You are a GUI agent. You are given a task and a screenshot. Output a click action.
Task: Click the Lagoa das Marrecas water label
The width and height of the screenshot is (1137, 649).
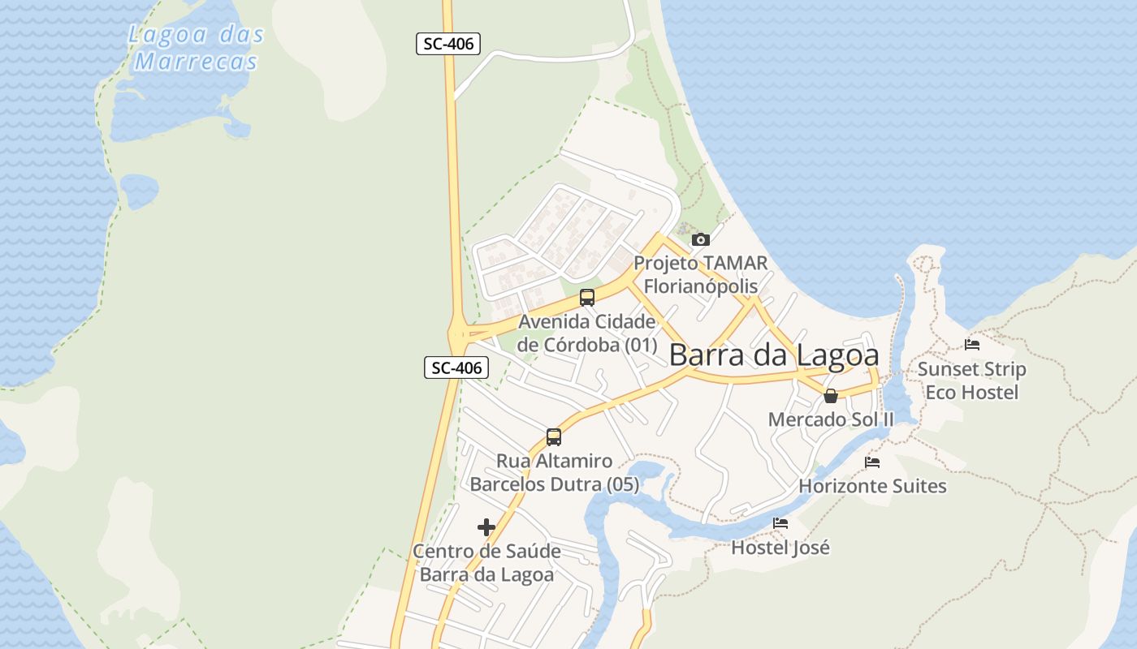click(x=197, y=47)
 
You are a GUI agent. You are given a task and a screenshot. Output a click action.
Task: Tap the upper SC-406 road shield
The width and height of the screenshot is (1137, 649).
click(x=448, y=44)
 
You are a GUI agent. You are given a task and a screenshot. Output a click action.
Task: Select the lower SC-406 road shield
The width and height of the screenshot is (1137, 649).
click(x=456, y=367)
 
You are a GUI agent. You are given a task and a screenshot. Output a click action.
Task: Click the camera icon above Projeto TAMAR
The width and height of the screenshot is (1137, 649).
click(x=700, y=239)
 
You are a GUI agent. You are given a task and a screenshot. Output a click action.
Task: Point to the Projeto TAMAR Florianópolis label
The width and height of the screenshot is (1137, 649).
click(x=700, y=274)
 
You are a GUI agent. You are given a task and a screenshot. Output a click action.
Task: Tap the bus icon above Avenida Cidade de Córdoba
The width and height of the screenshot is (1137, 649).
click(x=587, y=297)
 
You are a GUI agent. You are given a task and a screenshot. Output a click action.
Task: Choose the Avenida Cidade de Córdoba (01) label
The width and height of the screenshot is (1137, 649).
click(x=587, y=333)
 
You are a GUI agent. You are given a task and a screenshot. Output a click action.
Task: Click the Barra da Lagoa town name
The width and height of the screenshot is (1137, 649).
click(x=774, y=355)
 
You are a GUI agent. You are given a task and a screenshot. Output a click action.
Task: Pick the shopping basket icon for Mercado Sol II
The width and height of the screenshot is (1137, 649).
click(x=830, y=396)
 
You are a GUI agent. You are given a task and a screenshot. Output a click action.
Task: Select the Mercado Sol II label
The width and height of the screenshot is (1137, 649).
click(x=831, y=419)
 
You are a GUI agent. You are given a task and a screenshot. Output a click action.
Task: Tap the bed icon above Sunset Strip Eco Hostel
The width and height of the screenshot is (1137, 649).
click(x=972, y=344)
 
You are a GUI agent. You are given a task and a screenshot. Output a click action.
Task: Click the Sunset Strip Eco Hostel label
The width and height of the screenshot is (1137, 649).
click(x=972, y=380)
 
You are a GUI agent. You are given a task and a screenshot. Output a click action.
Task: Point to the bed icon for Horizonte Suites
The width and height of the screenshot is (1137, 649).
click(x=872, y=462)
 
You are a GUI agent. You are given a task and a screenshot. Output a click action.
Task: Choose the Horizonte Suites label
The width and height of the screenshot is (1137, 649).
click(x=872, y=486)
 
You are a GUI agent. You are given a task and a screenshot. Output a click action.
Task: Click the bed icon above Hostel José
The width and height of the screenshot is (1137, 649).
click(x=780, y=523)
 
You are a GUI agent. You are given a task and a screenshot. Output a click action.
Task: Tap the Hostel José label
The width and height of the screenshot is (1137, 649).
click(x=780, y=548)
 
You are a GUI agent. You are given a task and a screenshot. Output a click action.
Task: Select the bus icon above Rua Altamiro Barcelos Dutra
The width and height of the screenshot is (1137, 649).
click(x=554, y=436)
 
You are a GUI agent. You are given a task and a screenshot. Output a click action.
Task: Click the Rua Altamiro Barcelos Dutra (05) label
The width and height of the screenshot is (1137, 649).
click(x=555, y=473)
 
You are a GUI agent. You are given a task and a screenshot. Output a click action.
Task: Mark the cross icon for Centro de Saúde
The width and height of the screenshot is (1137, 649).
click(x=486, y=527)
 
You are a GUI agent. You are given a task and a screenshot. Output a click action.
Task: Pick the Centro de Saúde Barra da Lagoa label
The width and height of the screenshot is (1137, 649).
click(x=486, y=563)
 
